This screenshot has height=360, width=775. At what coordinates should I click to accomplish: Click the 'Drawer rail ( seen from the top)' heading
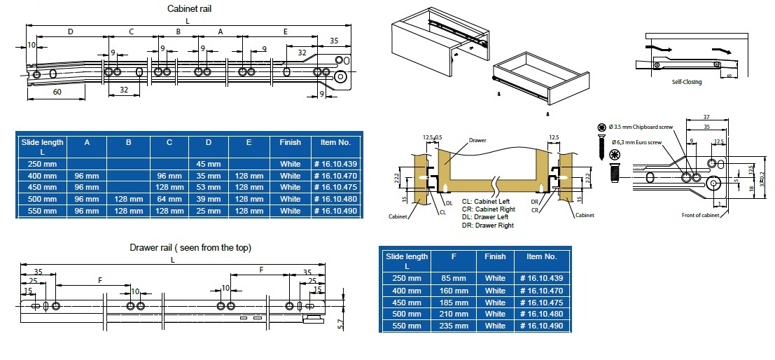click(190, 247)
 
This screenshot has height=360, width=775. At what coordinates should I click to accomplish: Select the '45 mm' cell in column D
click(209, 164)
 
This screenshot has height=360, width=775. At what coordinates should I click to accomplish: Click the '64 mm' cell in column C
click(169, 199)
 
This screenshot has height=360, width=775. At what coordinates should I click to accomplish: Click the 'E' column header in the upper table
click(249, 142)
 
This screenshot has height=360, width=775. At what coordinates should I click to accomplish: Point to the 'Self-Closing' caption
click(686, 82)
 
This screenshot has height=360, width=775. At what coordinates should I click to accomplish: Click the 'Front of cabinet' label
click(701, 214)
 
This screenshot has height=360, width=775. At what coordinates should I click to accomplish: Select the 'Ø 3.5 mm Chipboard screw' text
click(642, 127)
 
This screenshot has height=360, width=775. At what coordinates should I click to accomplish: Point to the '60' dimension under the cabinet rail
click(57, 92)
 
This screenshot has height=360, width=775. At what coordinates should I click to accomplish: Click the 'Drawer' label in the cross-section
click(478, 141)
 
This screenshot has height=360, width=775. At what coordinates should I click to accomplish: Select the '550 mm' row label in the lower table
click(407, 326)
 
